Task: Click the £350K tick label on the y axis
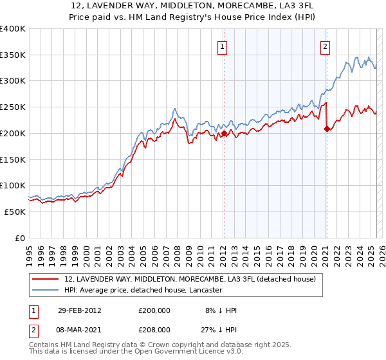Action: (x=13, y=55)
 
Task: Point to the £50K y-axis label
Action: (x=15, y=212)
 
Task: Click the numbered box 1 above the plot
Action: (x=223, y=46)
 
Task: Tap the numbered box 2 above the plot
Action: (x=326, y=46)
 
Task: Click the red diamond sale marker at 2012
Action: (x=224, y=134)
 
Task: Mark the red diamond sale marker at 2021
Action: (x=327, y=129)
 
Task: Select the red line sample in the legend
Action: (x=46, y=280)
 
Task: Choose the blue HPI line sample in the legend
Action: (x=46, y=291)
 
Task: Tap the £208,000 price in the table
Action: (x=155, y=328)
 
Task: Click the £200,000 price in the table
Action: (x=155, y=310)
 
